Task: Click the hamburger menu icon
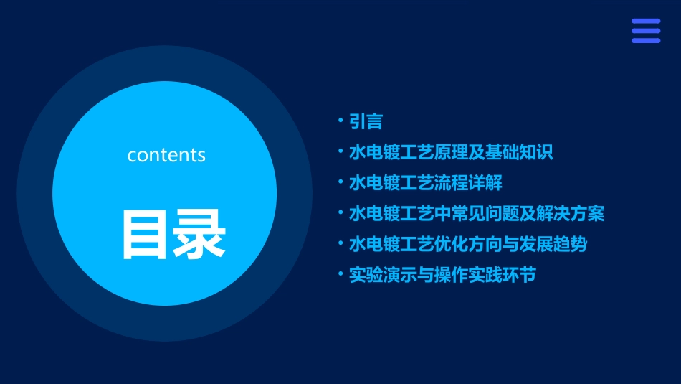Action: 645,31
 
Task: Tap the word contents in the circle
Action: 166,155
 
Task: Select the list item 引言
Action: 366,122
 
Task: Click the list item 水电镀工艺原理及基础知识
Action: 451,153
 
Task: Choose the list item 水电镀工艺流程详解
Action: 425,183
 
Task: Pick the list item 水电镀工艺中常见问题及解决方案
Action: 477,214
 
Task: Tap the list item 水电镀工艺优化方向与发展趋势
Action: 468,244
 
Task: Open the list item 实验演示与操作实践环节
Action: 442,275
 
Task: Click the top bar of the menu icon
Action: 645,22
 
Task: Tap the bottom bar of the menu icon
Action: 645,40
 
